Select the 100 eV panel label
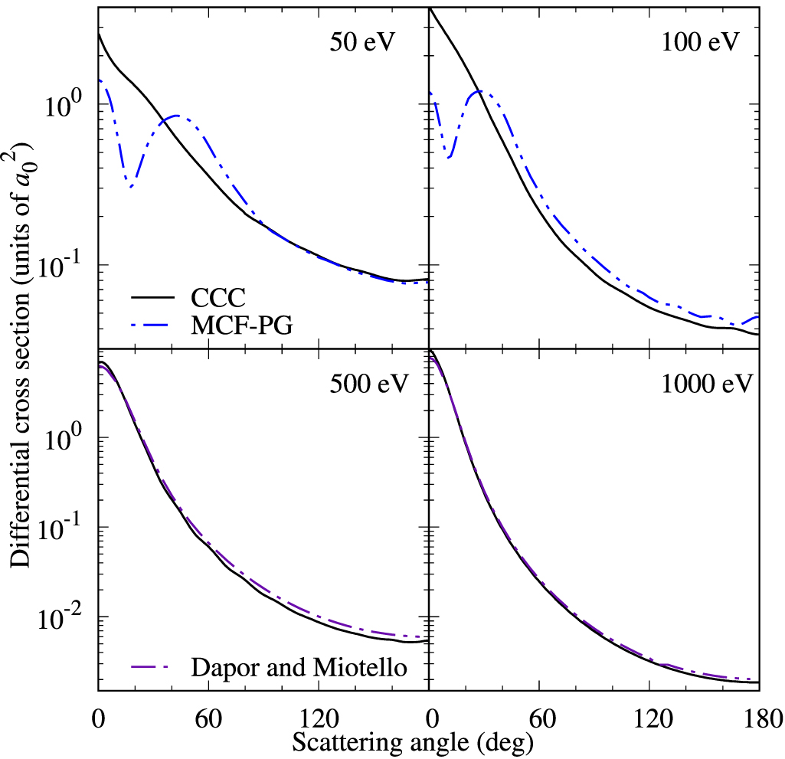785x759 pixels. (x=701, y=41)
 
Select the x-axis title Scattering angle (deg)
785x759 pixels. (x=402, y=741)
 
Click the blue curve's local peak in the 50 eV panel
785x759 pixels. (x=177, y=116)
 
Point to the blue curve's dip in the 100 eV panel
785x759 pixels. (x=450, y=157)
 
